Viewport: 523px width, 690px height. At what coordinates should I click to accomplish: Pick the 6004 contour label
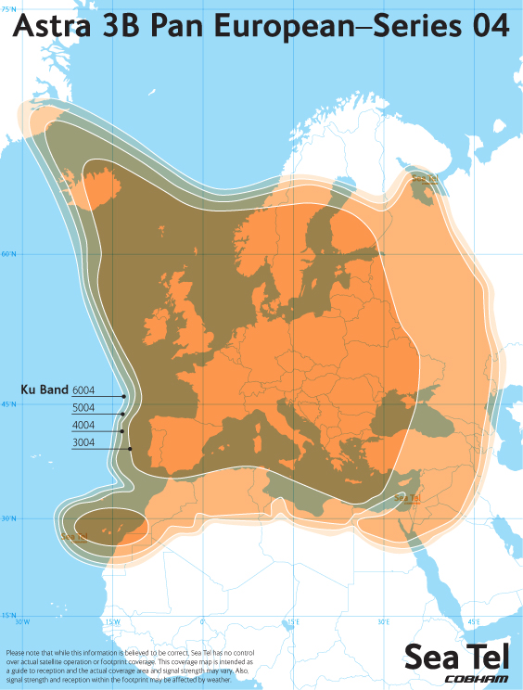(83, 390)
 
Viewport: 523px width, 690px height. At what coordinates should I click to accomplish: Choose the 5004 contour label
(83, 408)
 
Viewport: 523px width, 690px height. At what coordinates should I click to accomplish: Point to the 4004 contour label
(83, 426)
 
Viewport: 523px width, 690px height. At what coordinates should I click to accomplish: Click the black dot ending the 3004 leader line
(130, 449)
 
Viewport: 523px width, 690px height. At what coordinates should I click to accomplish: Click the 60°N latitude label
(8, 253)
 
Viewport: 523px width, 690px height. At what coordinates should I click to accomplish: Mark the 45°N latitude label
(8, 404)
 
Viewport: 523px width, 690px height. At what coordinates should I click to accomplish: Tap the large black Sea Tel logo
(457, 657)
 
